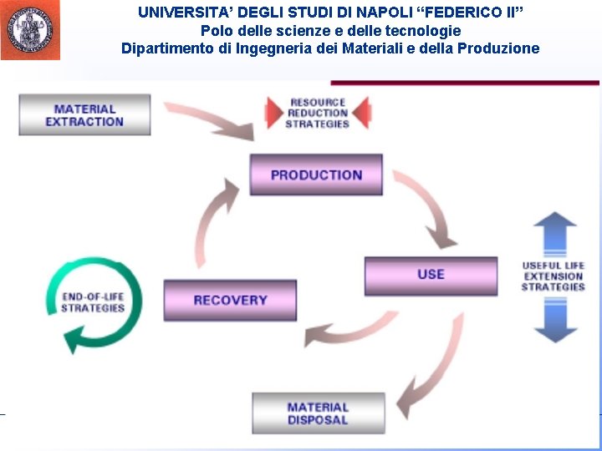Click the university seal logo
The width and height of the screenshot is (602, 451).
30,30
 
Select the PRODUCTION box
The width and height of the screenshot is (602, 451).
316,175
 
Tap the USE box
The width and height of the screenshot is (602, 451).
431,275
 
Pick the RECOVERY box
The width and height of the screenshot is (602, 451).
230,300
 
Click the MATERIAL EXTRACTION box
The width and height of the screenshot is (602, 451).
84,115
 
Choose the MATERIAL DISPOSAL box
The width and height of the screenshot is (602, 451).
318,413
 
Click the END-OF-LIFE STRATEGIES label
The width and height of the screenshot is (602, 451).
92,302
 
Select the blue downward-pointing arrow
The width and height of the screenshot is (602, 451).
554,321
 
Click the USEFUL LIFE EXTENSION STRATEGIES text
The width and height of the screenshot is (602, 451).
554,276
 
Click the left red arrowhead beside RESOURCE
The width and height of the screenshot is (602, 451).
274,112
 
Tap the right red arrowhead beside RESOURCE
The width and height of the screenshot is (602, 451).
361,112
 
